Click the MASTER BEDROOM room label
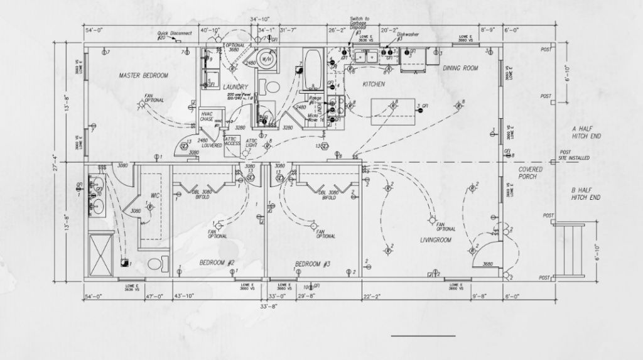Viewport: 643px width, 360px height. point(143,75)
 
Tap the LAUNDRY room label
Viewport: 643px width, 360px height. point(235,87)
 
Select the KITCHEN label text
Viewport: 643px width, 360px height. point(374,84)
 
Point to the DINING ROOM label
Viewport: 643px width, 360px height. point(460,68)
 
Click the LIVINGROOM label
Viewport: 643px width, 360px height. point(436,240)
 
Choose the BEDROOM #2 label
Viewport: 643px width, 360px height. point(217,263)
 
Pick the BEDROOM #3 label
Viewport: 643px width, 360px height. point(313,263)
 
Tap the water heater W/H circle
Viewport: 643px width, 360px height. point(266,60)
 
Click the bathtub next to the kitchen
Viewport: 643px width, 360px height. point(312,70)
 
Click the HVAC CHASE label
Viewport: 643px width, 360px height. point(207,116)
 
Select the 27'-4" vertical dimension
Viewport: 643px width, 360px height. point(55,161)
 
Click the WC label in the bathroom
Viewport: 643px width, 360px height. point(155,195)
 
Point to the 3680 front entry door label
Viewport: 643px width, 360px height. point(487,264)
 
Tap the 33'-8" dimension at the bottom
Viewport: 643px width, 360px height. point(268,307)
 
